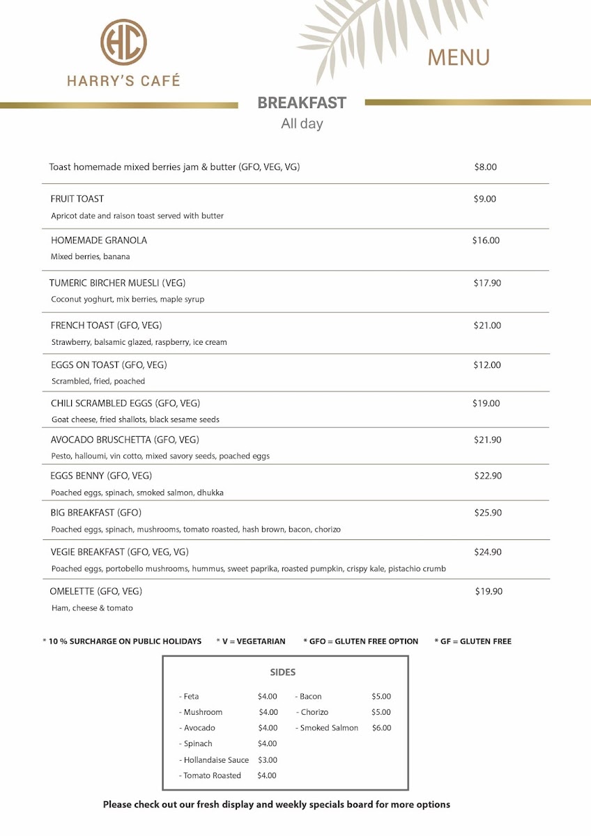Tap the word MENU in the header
click(x=459, y=57)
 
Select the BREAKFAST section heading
click(x=302, y=103)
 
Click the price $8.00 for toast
click(x=485, y=167)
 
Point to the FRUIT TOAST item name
click(x=77, y=199)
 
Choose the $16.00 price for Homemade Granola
click(x=486, y=240)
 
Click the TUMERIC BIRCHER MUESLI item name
click(x=117, y=283)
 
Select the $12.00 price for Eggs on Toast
click(x=487, y=365)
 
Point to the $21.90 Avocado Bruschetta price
click(x=487, y=440)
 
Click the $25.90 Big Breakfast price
click(x=488, y=513)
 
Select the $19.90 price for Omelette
click(x=488, y=591)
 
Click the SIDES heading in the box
click(x=283, y=672)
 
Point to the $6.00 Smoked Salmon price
click(x=381, y=728)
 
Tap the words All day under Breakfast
click(x=302, y=124)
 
